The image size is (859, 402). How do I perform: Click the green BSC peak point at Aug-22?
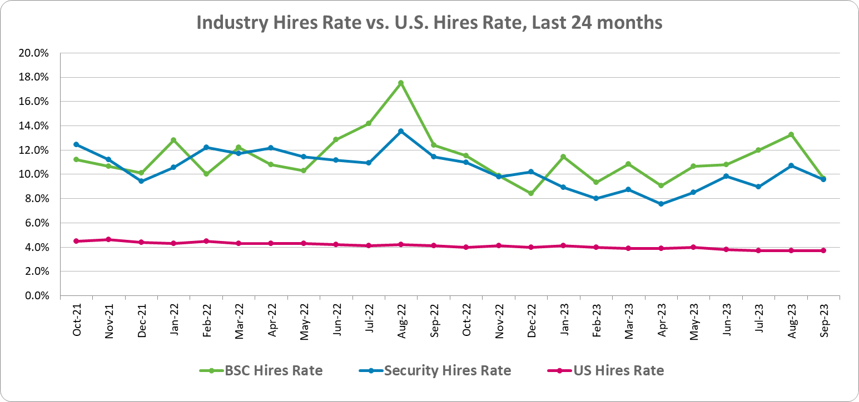[401, 83]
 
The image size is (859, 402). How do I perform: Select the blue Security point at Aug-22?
[401, 132]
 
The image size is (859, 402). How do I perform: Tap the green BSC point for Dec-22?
[531, 193]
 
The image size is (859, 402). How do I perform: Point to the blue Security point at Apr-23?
[661, 204]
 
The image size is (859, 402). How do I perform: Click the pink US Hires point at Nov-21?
[108, 239]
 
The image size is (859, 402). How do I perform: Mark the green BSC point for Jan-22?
[173, 140]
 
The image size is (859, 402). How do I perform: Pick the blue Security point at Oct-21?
[76, 144]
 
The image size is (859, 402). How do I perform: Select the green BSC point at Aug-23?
[791, 134]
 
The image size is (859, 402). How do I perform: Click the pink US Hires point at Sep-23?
[823, 250]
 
